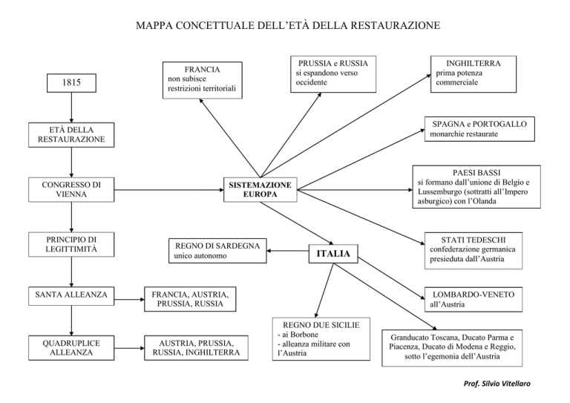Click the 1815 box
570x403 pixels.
pos(70,83)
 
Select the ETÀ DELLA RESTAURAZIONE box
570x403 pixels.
pos(71,135)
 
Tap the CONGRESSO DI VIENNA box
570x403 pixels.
pos(71,189)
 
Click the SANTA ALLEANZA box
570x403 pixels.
pos(71,295)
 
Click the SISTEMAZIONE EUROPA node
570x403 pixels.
pos(259,189)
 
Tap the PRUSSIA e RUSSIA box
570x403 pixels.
pos(332,72)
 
